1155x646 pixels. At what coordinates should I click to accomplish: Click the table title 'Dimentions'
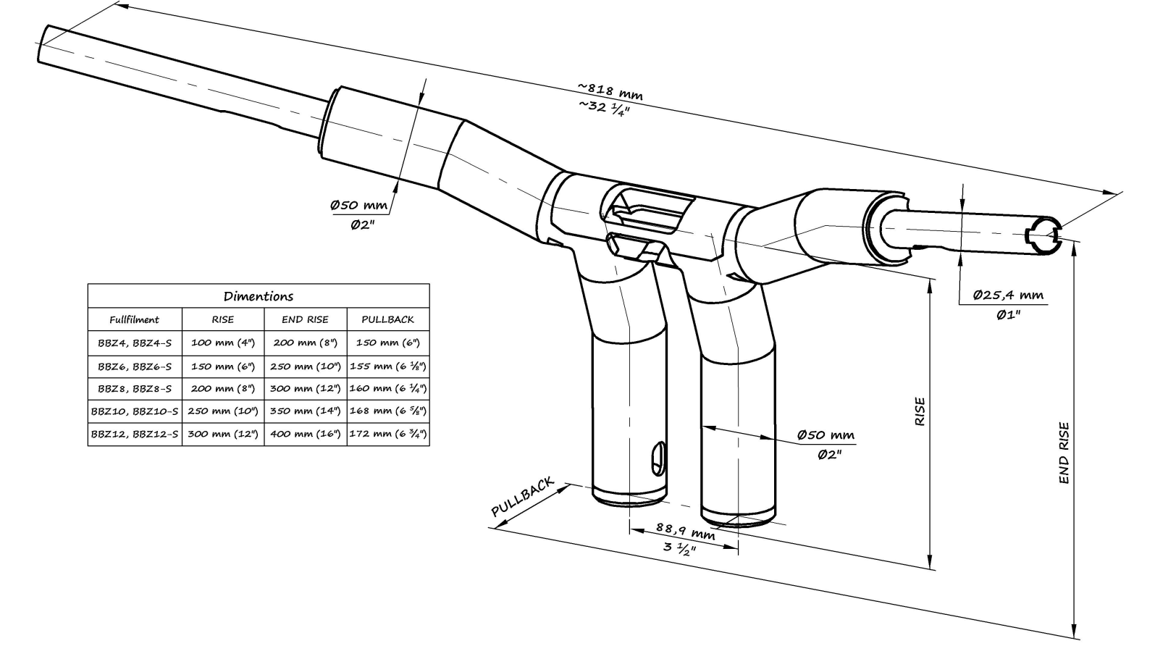259,296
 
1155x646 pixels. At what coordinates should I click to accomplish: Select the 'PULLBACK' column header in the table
387,319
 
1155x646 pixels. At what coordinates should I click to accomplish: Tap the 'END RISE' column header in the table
305,319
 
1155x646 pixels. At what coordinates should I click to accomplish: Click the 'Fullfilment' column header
134,319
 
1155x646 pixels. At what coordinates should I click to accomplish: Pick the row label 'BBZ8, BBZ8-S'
134,388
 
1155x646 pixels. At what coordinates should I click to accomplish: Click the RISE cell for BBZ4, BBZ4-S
222,343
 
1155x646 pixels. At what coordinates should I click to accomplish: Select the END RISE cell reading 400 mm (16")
305,434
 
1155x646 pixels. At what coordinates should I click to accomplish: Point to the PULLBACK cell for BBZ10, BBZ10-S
387,411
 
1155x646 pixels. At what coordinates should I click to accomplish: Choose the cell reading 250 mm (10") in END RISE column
305,366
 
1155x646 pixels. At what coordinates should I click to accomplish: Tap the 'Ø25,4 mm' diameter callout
1007,295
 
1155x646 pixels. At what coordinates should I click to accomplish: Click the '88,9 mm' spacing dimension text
685,532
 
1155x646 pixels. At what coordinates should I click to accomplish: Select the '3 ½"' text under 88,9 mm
679,548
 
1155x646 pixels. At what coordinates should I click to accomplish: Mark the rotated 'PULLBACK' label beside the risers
522,498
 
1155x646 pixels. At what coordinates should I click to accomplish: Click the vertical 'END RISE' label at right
1063,453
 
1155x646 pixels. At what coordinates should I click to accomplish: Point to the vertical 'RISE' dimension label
920,411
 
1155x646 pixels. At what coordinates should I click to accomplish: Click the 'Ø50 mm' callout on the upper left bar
358,205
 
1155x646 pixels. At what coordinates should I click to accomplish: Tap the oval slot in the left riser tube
658,458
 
